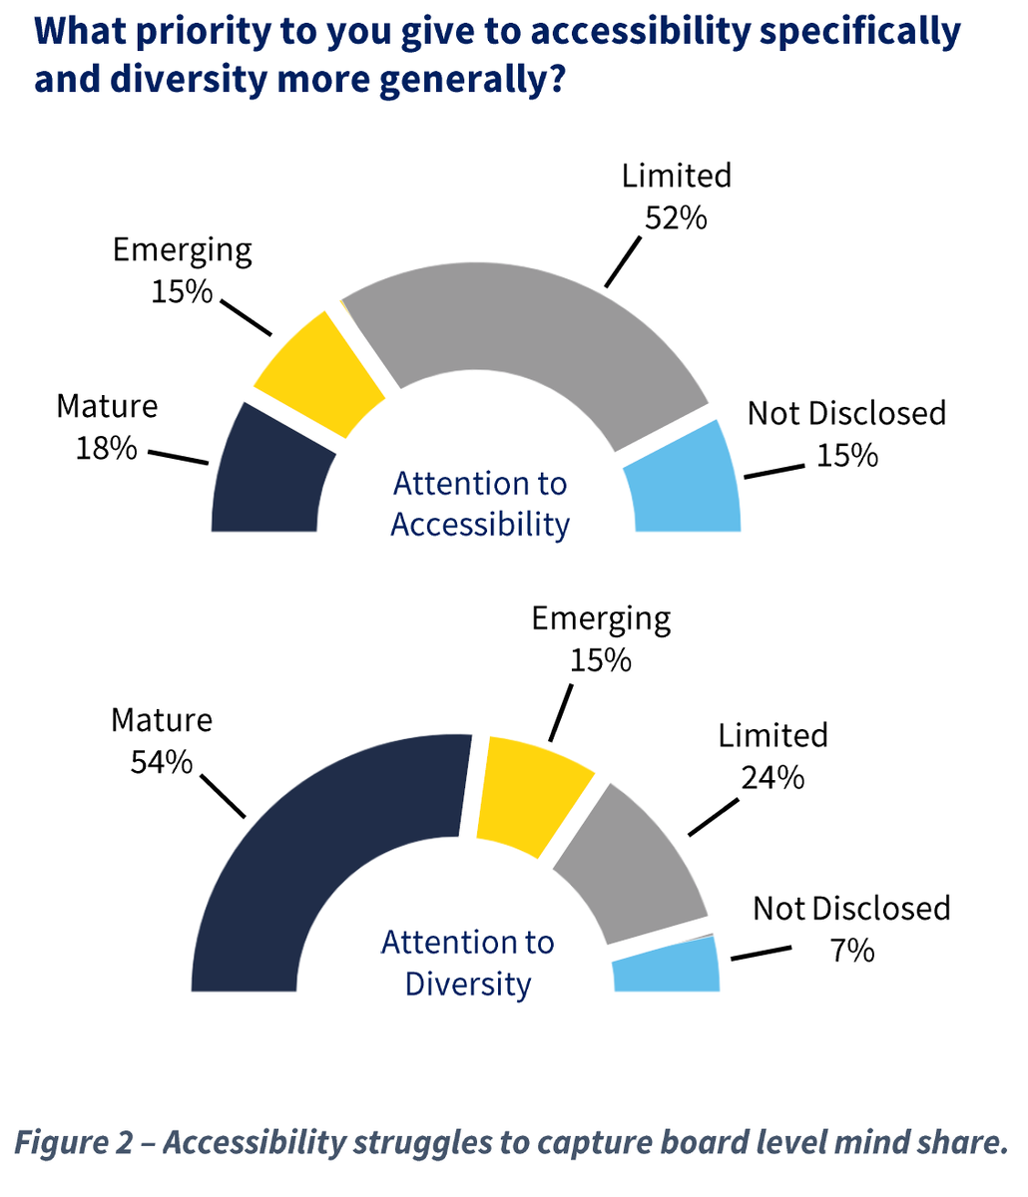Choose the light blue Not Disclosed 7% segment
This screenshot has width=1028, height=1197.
[x=667, y=965]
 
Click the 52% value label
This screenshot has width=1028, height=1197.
[x=676, y=217]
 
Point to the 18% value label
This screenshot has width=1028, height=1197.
[x=106, y=448]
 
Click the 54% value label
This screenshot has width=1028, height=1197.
[x=161, y=762]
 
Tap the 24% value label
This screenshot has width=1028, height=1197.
[x=772, y=777]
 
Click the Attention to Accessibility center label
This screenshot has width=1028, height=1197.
[x=480, y=504]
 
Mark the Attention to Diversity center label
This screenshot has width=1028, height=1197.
[x=468, y=963]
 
